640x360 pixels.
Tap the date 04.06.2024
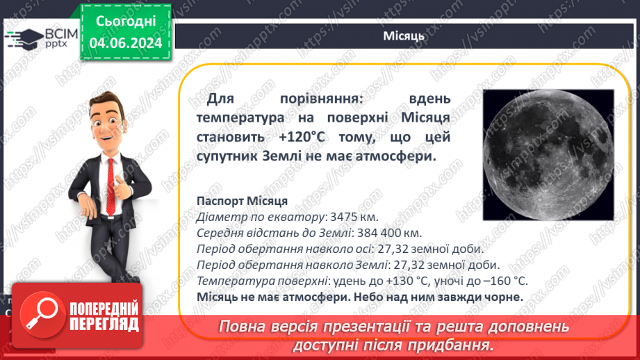coord(126,43)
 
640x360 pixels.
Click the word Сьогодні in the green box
coord(126,22)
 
